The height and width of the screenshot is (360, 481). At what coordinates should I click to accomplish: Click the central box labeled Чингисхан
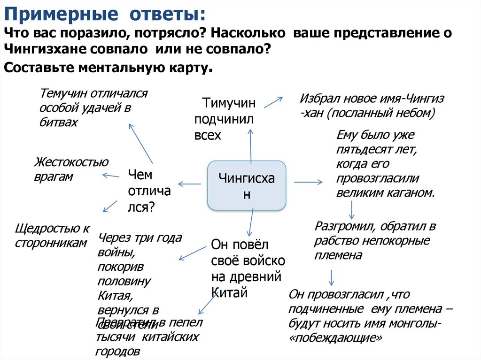point(247,185)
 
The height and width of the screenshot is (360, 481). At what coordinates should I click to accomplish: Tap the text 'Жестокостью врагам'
point(71,169)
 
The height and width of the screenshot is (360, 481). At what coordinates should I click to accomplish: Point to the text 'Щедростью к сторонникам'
point(52,236)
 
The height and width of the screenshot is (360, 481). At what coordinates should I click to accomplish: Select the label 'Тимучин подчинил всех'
point(224,119)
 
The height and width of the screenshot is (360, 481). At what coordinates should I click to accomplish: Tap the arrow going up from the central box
point(250,145)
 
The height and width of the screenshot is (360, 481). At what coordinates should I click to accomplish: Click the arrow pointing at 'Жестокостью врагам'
point(111,176)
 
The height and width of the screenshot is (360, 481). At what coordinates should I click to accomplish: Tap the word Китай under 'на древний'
point(229,293)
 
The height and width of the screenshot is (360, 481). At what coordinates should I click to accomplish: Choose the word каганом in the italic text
point(410,192)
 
